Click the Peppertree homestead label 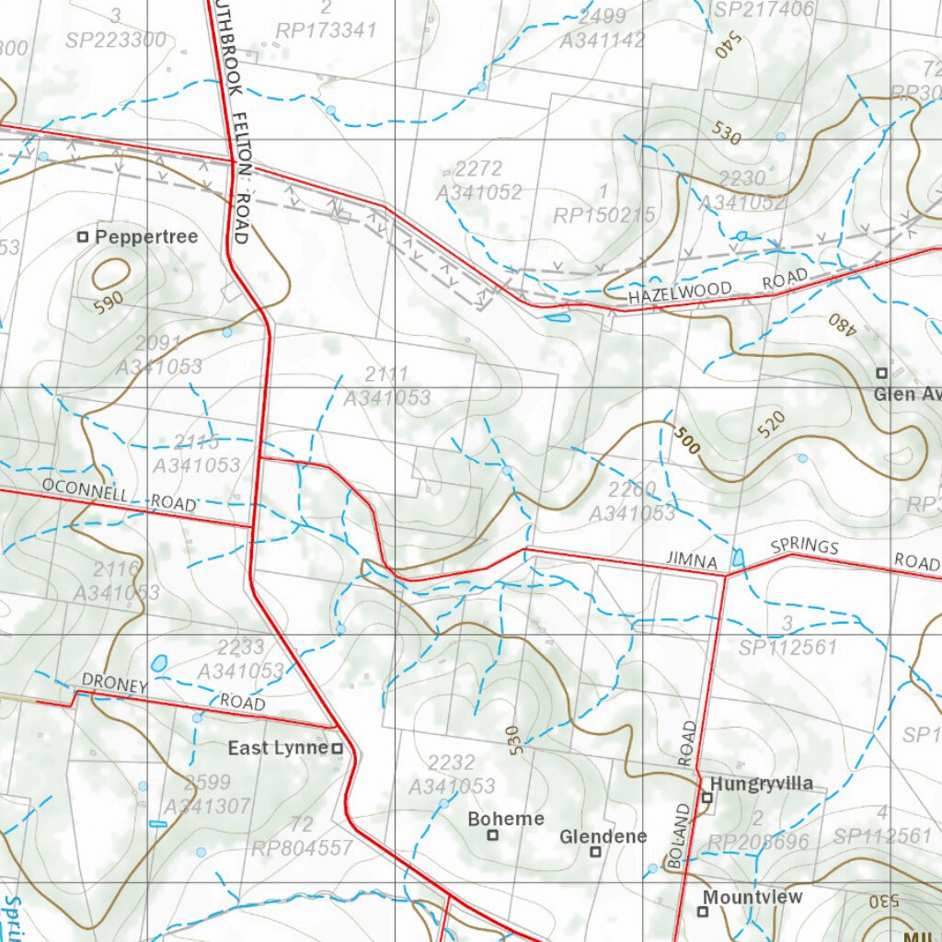pyautogui.click(x=146, y=236)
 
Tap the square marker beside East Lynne pyautogui.click(x=337, y=749)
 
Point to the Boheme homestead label pyautogui.click(x=506, y=819)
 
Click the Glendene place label pyautogui.click(x=603, y=836)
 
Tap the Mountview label pyautogui.click(x=752, y=896)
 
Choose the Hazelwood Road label pyautogui.click(x=718, y=287)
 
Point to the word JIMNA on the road pyautogui.click(x=690, y=558)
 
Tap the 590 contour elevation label pyautogui.click(x=107, y=304)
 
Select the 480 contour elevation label pyautogui.click(x=839, y=326)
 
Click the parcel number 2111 pyautogui.click(x=386, y=374)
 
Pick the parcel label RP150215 pyautogui.click(x=604, y=215)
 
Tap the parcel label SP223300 pyautogui.click(x=116, y=40)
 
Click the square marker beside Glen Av pyautogui.click(x=881, y=373)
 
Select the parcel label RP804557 pyautogui.click(x=303, y=847)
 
